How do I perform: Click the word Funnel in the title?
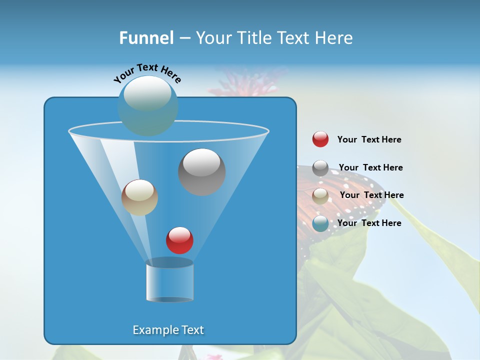146,38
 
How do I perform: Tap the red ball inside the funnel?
179,240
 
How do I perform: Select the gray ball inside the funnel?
201,172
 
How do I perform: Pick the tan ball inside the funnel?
139,197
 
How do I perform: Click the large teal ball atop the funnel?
148,105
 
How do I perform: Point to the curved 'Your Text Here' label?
147,73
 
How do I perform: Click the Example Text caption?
168,330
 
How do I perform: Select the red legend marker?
320,139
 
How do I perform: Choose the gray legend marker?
320,168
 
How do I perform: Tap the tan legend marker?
320,196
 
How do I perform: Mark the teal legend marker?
320,223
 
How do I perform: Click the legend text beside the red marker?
369,140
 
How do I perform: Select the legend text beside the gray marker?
370,167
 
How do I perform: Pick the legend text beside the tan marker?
371,195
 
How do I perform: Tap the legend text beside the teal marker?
369,223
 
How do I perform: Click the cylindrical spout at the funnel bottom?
169,281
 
